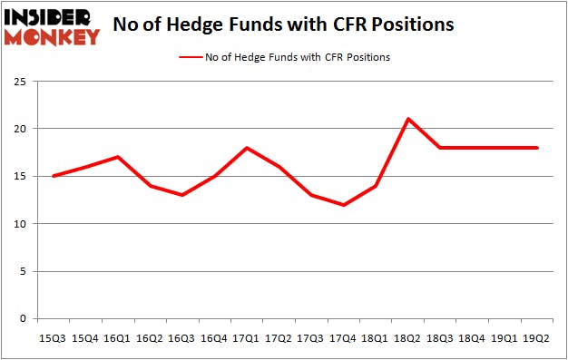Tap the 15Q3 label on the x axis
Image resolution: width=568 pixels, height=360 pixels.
[54, 338]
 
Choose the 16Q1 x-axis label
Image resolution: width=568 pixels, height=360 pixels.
[118, 338]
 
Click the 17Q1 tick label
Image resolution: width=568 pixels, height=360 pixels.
[247, 338]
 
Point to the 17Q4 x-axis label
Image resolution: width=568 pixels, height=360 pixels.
[344, 338]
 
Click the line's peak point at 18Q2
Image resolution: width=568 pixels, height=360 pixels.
[408, 119]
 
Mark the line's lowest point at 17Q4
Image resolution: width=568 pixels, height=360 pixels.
[344, 205]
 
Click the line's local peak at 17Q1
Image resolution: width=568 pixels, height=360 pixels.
[247, 148]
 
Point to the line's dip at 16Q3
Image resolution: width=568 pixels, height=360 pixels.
[182, 195]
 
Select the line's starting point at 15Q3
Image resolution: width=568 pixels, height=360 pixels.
[54, 176]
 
